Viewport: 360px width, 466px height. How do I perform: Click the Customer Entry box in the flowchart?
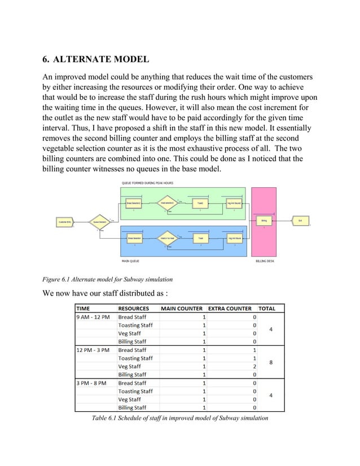(65, 222)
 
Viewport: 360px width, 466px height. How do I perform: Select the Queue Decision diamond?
(99, 222)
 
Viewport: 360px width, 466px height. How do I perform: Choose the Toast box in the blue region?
(200, 239)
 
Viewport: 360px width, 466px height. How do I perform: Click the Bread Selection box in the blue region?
(134, 239)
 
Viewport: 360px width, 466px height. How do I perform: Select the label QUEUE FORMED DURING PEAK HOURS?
(147, 183)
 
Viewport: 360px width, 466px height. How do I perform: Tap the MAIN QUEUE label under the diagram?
(131, 261)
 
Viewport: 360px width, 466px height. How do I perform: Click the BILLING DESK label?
(265, 261)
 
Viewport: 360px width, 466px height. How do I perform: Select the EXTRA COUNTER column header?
(230, 309)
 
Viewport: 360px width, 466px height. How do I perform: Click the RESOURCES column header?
(134, 309)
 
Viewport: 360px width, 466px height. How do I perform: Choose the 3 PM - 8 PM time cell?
(93, 383)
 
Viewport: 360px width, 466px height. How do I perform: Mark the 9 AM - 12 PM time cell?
(94, 317)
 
